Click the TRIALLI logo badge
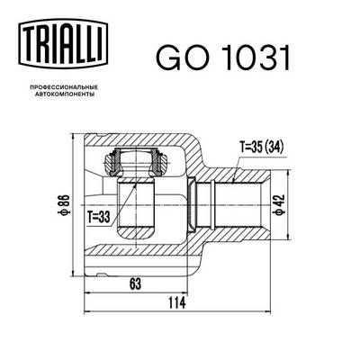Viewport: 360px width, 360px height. pyautogui.click(x=63, y=42)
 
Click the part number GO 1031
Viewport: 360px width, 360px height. pyautogui.click(x=223, y=58)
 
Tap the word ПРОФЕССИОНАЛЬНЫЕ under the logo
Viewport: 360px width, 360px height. pyautogui.click(x=63, y=87)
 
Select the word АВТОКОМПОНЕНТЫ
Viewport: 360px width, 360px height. pyautogui.click(x=63, y=94)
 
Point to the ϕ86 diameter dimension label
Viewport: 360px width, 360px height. pyautogui.click(x=65, y=205)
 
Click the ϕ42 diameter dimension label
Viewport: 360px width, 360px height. pyautogui.click(x=279, y=205)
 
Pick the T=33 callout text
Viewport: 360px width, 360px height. pyautogui.click(x=99, y=217)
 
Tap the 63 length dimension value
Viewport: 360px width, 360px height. pyautogui.click(x=135, y=283)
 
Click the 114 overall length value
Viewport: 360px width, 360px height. pyautogui.click(x=176, y=303)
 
